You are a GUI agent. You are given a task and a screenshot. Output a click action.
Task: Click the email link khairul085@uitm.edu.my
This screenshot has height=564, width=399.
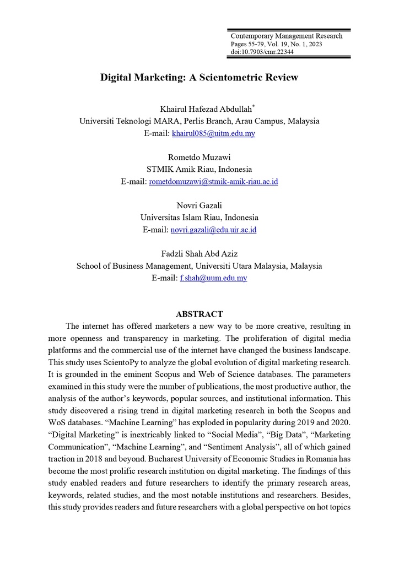pos(213,133)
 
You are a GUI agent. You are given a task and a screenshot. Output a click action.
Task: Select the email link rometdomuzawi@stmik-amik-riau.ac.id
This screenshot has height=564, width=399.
pos(213,181)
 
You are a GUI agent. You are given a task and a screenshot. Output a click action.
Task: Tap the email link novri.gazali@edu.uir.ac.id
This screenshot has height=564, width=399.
pos(214,230)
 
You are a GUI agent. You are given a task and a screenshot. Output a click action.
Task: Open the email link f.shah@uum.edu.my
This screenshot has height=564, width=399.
pos(213,278)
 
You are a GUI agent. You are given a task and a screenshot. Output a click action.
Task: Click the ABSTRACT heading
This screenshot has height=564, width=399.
pos(199,314)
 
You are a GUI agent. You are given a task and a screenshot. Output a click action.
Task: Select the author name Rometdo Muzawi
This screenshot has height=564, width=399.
pos(199,157)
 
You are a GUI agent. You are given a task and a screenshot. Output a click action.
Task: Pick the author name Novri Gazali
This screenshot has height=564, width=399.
pos(199,205)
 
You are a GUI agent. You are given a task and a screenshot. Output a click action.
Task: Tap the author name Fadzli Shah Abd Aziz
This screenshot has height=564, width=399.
pos(199,253)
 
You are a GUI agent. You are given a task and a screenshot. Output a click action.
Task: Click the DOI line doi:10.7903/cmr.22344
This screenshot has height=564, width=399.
pos(262,52)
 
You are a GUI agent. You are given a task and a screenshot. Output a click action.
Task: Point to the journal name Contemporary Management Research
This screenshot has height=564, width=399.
pos(286,36)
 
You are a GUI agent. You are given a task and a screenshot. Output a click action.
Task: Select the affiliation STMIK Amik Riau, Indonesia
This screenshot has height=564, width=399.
pos(199,169)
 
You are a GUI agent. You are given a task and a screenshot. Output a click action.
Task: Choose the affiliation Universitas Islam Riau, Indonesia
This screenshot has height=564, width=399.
pos(199,218)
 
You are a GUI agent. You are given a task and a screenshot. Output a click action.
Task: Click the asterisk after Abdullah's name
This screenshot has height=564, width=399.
pos(254,106)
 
